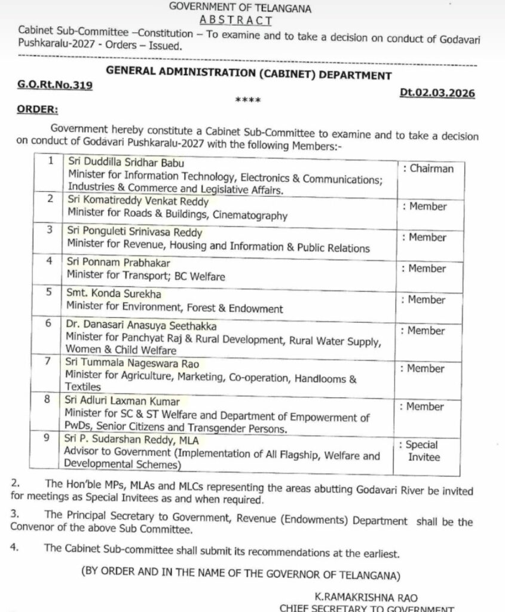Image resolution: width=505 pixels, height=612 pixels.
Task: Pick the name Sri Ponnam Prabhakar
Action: (118, 264)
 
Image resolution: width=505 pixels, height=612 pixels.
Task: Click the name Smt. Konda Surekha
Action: (114, 295)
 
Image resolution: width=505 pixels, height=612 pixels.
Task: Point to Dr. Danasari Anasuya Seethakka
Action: (141, 326)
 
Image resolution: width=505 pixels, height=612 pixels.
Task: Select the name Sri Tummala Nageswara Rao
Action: (133, 363)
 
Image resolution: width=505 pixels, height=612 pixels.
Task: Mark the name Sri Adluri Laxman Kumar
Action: (123, 402)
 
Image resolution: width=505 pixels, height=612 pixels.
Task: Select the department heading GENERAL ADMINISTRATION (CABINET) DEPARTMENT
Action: (249, 75)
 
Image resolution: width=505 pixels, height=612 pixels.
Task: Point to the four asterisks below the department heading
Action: (247, 100)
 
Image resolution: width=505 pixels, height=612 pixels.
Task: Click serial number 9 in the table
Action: (51, 439)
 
